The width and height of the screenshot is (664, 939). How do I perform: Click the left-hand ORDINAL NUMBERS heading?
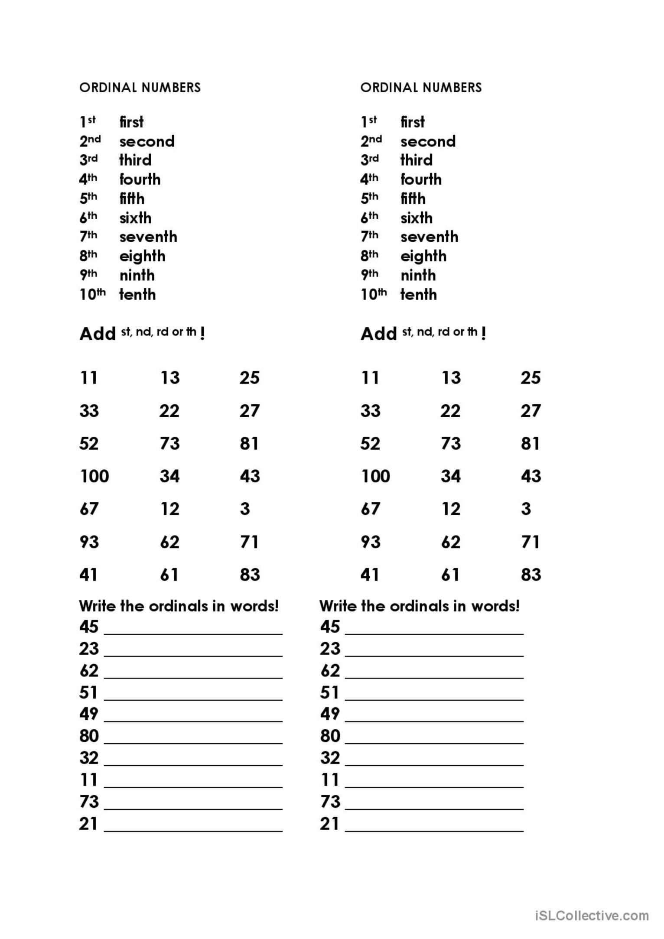(140, 88)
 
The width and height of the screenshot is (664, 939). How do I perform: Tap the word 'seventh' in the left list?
(148, 237)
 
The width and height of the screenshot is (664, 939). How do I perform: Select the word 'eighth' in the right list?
(423, 256)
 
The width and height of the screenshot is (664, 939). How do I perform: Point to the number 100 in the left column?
(94, 476)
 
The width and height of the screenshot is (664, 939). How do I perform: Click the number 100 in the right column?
(375, 476)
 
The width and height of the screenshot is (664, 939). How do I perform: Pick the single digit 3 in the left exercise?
(245, 509)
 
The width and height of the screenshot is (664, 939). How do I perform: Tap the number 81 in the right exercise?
(530, 443)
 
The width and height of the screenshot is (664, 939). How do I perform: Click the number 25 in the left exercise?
(249, 378)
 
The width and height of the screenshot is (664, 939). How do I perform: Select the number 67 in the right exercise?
(370, 509)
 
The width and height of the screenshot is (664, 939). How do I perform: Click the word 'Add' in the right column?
(378, 334)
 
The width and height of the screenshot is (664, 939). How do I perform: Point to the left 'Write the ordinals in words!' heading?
(179, 606)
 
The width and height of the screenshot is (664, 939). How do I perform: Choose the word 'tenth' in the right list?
(418, 295)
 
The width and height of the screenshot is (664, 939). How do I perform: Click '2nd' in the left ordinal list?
(90, 141)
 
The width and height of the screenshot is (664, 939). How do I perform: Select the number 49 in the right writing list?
(330, 714)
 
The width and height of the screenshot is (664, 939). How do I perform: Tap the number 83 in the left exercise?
(250, 575)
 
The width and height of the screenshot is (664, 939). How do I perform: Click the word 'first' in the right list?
(412, 122)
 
